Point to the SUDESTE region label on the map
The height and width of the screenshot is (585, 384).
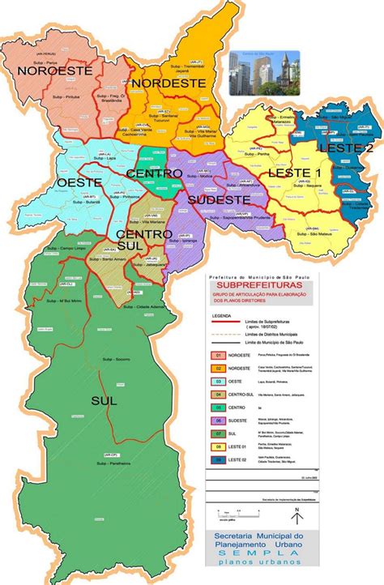click(218, 199)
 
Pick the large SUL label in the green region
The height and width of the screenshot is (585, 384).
click(105, 400)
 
